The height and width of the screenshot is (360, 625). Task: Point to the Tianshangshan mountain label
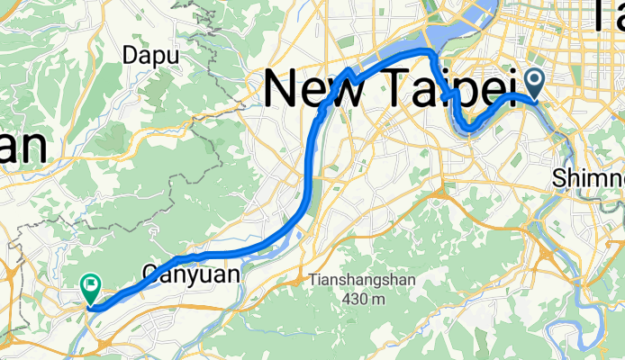[362, 280]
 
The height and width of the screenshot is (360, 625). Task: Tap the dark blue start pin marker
[535, 85]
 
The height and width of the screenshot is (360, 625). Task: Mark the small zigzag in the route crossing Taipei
[448, 94]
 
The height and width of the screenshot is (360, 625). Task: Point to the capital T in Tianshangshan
[312, 280]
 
